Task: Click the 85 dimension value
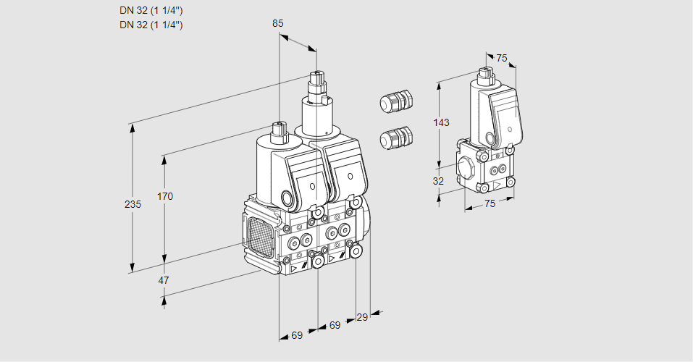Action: coord(277,23)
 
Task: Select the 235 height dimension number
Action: coord(133,204)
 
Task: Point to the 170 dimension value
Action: coord(165,196)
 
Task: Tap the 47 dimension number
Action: coord(164,280)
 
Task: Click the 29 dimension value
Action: coord(362,317)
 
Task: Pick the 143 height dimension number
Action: coord(441,122)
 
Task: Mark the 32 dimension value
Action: coord(438,181)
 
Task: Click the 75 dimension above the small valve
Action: coord(502,59)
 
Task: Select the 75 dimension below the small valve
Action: coord(490,203)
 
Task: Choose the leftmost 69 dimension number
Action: coord(297,335)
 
